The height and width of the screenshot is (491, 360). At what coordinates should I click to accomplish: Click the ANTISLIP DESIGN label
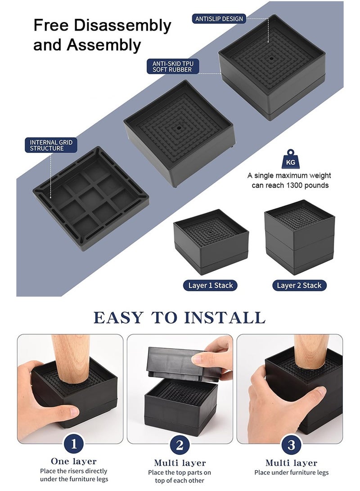(x=219, y=19)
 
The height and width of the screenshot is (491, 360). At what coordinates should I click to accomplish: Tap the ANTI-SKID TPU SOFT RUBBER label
(x=173, y=67)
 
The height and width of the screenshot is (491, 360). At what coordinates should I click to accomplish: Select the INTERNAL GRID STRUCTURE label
(x=51, y=145)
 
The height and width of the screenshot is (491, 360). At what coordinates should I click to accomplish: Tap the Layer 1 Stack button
(x=210, y=285)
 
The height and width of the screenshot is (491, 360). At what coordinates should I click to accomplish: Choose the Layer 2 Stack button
(x=299, y=285)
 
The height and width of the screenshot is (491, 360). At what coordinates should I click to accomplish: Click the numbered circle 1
(x=74, y=444)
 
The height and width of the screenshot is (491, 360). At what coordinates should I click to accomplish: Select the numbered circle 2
(x=180, y=445)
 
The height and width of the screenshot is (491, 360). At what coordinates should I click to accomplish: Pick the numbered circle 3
(x=292, y=445)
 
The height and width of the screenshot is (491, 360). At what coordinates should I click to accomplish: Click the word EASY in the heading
(x=118, y=318)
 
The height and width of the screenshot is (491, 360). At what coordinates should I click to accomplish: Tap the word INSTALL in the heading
(x=225, y=318)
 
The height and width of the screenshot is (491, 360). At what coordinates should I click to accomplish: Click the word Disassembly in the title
(x=122, y=26)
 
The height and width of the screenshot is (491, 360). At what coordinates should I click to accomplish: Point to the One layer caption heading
(x=74, y=461)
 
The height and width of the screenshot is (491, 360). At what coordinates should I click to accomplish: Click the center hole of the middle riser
(x=179, y=128)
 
